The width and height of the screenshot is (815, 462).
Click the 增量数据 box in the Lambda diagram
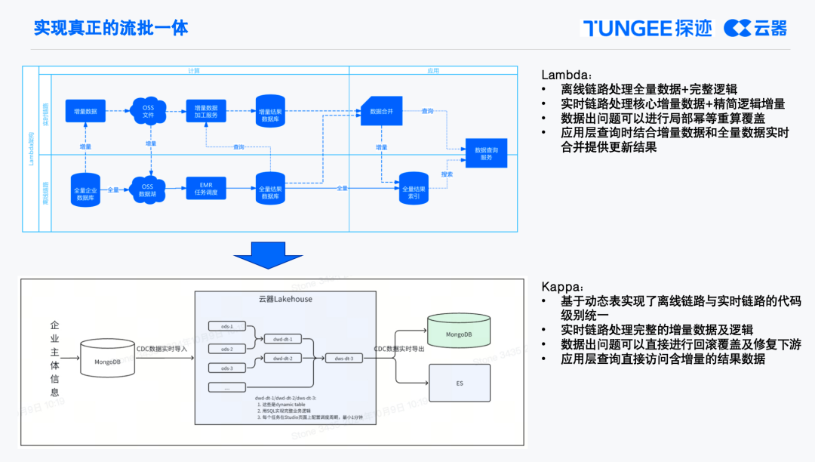click(85, 111)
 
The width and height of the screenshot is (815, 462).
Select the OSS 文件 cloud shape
click(149, 111)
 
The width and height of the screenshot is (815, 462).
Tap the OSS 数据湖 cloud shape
click(148, 189)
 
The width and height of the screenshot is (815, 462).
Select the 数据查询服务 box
click(486, 153)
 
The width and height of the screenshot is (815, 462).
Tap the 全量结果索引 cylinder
click(414, 192)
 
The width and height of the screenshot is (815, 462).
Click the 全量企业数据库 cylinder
click(85, 192)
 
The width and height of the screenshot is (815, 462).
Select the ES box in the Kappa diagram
click(459, 383)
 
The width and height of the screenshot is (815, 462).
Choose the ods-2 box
click(227, 349)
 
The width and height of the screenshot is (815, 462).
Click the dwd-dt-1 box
click(283, 339)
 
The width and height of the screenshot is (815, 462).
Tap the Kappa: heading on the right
click(562, 287)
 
